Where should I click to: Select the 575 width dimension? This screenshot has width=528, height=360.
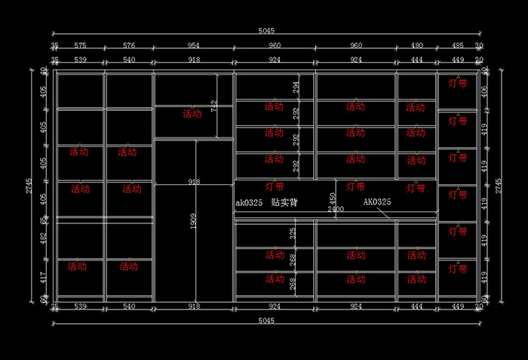tap(80, 45)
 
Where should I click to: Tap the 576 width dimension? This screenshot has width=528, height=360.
tap(129, 45)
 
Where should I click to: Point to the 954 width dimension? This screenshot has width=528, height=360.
tap(194, 45)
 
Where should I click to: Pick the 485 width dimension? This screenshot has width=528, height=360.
tap(457, 45)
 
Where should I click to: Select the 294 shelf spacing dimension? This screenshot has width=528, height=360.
tap(296, 87)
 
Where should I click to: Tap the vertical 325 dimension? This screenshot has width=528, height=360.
tap(293, 234)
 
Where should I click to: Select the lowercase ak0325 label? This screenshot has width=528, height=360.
tap(248, 203)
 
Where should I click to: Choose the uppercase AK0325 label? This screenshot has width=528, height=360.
tap(377, 202)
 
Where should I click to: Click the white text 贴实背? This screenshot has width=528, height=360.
tap(284, 203)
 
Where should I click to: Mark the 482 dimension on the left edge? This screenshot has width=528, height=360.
tap(43, 238)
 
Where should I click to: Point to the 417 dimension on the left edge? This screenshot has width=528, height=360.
tap(43, 277)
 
